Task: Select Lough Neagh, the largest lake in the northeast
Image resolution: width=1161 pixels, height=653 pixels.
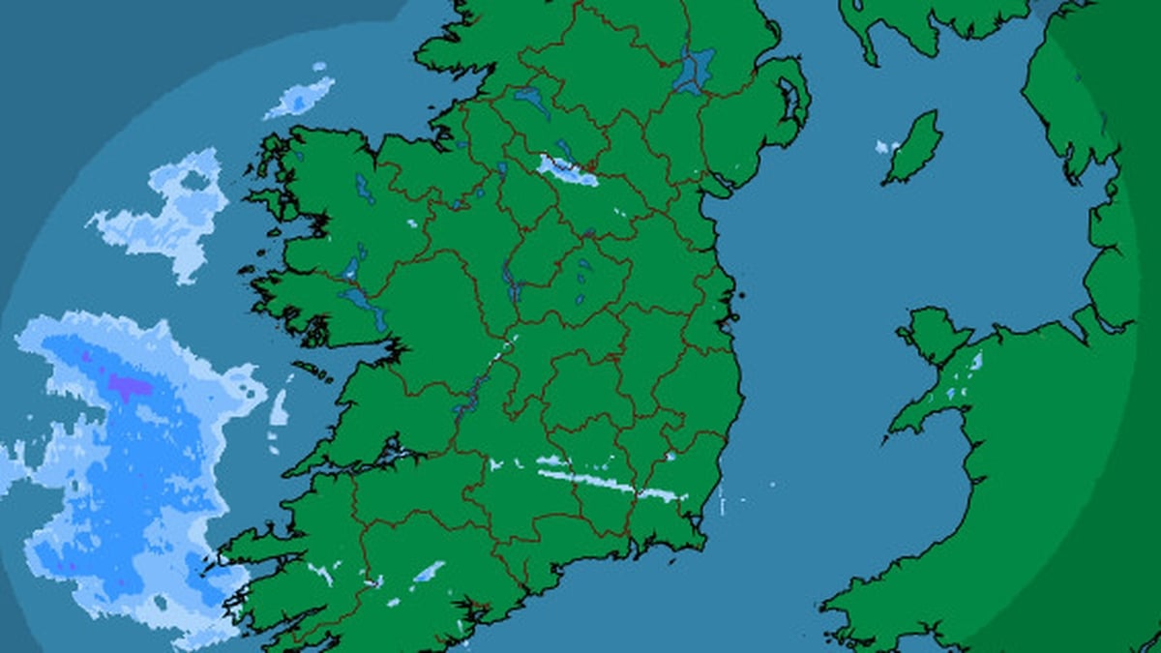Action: coord(694,70)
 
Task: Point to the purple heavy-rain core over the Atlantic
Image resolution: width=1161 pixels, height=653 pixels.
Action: coord(129,387)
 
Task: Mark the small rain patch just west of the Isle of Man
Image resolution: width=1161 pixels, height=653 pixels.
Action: coord(882,148)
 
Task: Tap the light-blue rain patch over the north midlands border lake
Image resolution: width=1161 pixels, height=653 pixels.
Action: coord(567,172)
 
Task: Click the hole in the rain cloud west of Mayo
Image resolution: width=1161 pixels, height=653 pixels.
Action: coord(193,181)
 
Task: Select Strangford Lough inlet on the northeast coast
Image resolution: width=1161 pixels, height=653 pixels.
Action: coord(790,97)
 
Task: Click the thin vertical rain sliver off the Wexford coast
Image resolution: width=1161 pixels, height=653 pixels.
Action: coord(722,498)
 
